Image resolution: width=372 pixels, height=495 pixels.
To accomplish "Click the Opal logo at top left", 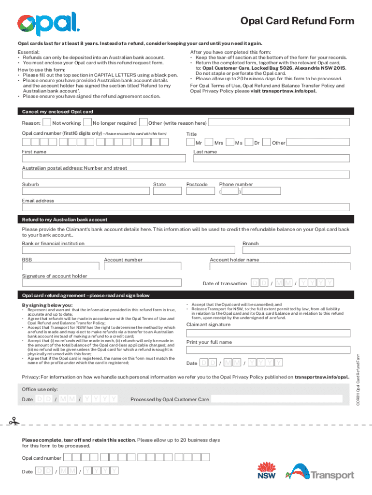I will click(48, 24).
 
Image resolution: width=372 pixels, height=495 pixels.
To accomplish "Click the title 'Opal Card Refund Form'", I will click(298, 21).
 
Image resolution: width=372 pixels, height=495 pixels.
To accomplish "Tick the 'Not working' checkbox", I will click(47, 123).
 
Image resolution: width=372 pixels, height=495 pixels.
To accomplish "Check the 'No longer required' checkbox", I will click(88, 123).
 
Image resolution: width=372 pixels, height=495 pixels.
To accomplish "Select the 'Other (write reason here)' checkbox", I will click(143, 123).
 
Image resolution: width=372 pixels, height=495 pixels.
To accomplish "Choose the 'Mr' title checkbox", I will click(190, 143).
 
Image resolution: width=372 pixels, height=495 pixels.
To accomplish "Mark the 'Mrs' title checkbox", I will click(209, 143).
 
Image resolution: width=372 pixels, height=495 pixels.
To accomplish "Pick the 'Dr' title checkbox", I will click(249, 143).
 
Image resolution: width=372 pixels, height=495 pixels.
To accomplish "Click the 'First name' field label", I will click(34, 152).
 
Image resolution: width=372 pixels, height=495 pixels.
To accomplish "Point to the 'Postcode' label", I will click(197, 184).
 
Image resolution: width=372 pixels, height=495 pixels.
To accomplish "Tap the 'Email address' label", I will click(38, 201).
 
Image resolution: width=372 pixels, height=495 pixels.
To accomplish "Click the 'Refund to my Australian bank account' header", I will click(65, 219).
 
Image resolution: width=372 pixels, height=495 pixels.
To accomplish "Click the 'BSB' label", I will click(27, 260).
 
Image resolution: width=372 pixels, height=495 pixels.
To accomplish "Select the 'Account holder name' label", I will click(234, 260).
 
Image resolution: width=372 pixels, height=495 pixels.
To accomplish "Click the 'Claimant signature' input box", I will click(268, 333).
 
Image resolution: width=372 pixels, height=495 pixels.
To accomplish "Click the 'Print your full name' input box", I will click(268, 350).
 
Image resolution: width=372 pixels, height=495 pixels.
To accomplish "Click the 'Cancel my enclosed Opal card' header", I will click(57, 112).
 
